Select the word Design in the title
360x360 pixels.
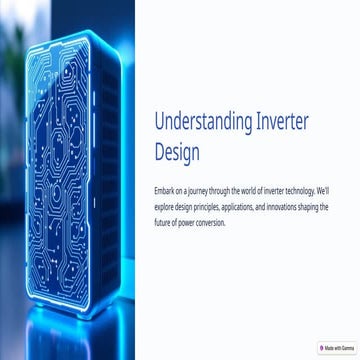[176, 154]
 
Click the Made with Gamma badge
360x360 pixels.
[333, 348]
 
